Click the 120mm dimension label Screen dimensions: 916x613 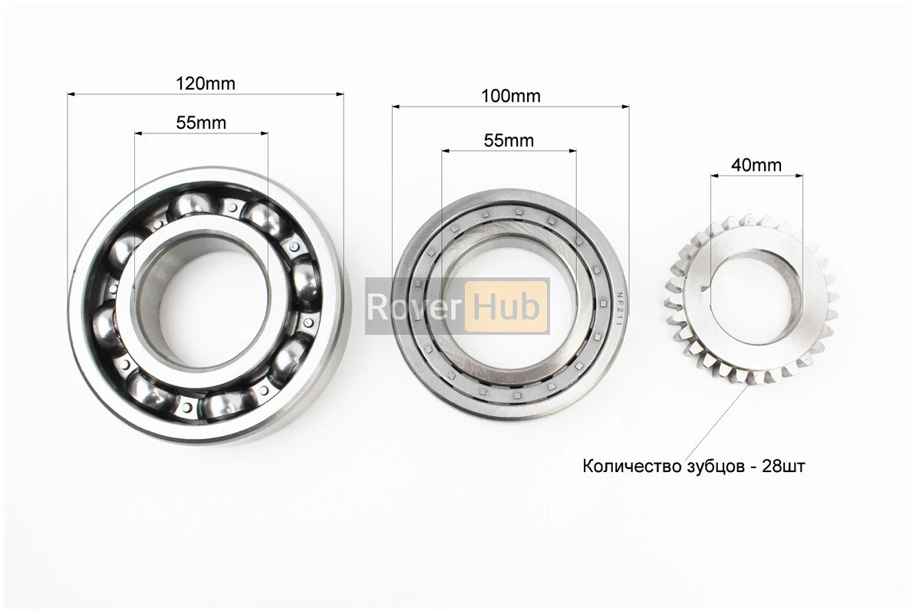(x=205, y=84)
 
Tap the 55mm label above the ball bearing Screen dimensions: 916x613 (x=201, y=123)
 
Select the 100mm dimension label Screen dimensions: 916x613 (x=511, y=96)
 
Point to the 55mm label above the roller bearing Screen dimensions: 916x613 (x=509, y=140)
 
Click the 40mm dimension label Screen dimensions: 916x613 (x=756, y=165)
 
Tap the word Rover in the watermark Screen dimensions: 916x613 (x=414, y=306)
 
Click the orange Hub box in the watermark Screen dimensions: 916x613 (x=506, y=306)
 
